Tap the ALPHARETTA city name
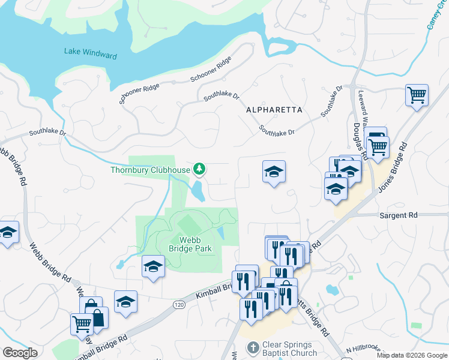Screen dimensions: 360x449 [274, 110]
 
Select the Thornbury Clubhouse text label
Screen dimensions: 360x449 [149, 169]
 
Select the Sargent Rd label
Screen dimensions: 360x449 [397, 215]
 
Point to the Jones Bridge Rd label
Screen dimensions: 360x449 [393, 168]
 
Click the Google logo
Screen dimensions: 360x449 [20, 352]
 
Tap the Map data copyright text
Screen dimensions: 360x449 [412, 355]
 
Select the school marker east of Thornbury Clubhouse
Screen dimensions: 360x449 [274, 172]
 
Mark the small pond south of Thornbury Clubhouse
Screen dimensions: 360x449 [198, 192]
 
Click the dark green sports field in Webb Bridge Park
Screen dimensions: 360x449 [189, 226]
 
